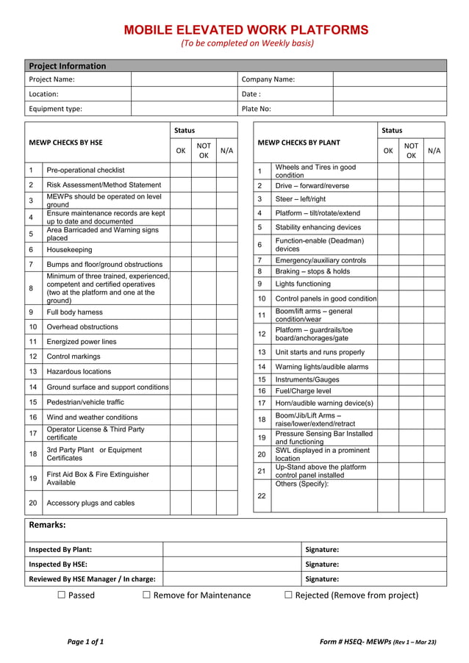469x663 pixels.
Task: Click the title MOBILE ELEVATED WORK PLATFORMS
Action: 246,30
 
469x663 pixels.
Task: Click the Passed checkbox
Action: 62,595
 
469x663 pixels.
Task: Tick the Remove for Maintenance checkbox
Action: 147,595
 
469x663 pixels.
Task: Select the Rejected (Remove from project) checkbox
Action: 288,595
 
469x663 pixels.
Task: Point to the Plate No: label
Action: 257,109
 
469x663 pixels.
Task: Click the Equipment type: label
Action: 55,109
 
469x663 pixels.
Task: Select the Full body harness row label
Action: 75,312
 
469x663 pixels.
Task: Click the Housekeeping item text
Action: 70,250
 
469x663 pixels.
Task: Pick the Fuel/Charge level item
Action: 303,391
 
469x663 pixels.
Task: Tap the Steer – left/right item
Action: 300,199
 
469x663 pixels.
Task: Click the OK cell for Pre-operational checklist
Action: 180,171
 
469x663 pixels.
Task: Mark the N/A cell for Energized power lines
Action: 226,342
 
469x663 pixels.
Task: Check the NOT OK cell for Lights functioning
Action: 411,284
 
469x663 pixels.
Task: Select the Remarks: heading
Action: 47,525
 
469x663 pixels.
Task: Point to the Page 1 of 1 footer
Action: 85,642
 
